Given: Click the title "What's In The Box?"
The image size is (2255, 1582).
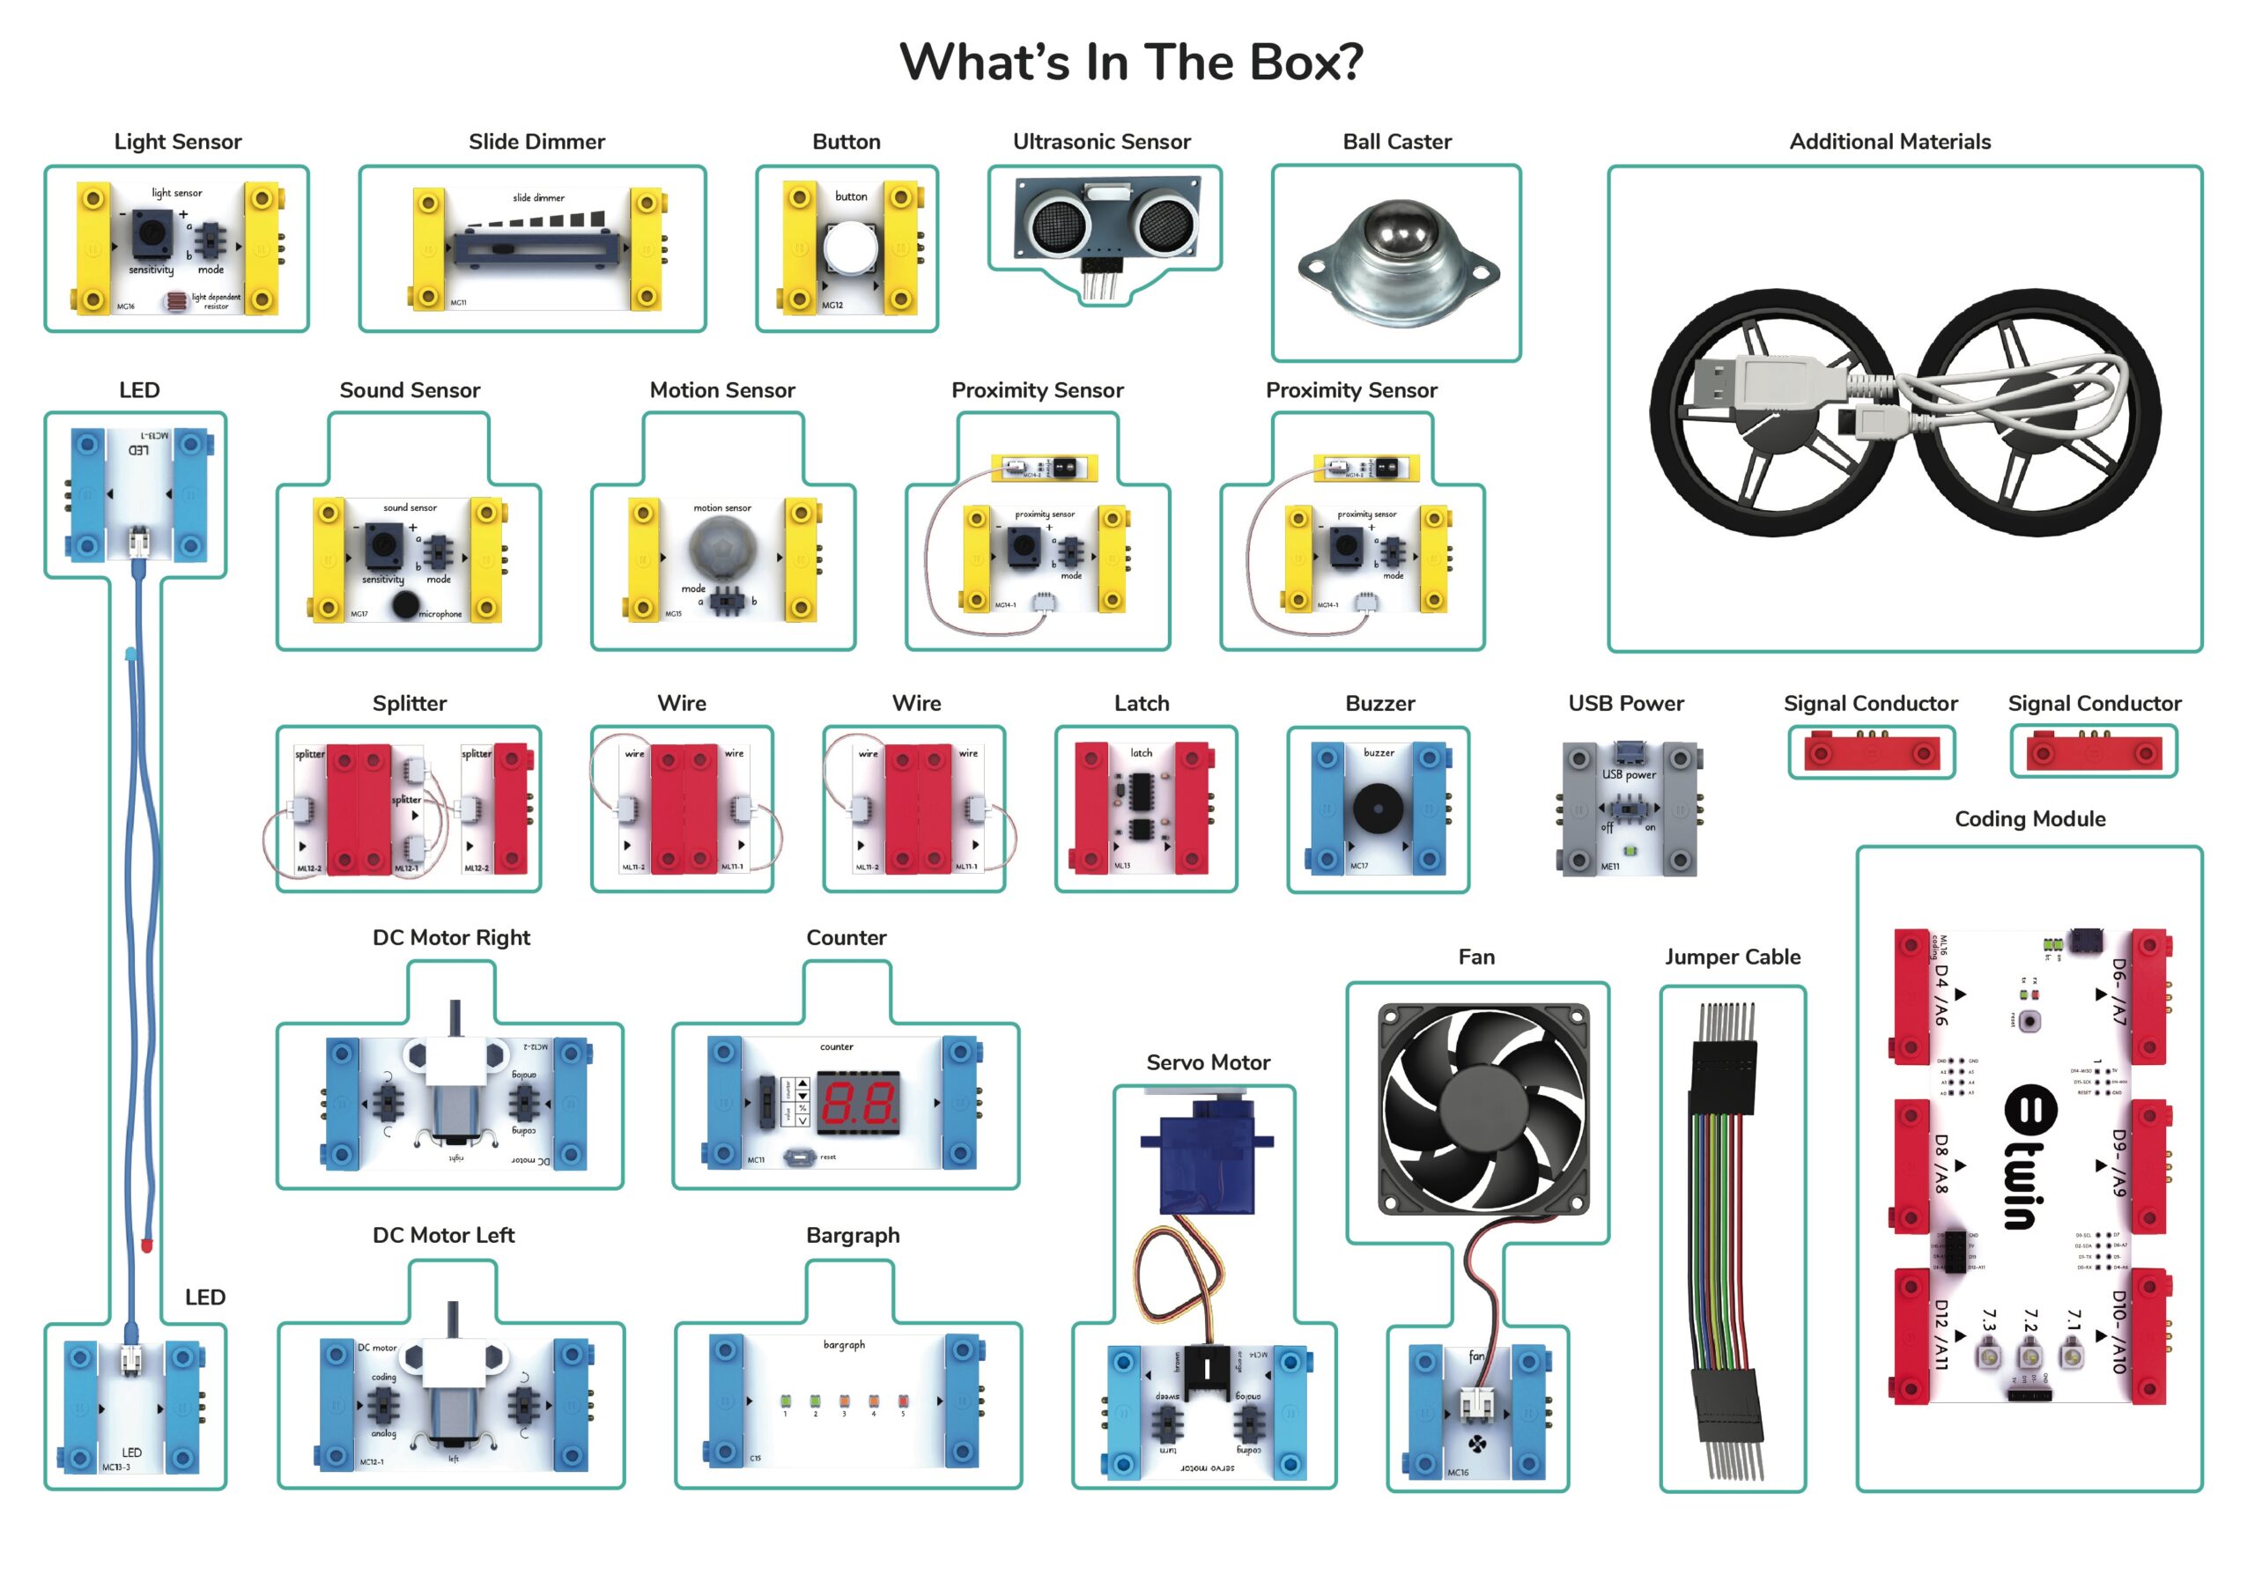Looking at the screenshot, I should pyautogui.click(x=1130, y=62).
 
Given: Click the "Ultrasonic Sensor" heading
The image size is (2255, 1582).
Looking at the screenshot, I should pyautogui.click(x=1101, y=142).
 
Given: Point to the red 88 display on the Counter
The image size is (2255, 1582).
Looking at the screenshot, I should pyautogui.click(x=857, y=1103).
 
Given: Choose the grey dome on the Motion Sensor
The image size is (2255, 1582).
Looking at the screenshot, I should pyautogui.click(x=723, y=549).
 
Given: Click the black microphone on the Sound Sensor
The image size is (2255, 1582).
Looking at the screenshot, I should pyautogui.click(x=404, y=605).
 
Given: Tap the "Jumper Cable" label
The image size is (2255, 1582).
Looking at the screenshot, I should pyautogui.click(x=1732, y=957).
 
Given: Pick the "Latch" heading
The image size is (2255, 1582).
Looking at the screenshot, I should pyautogui.click(x=1142, y=703).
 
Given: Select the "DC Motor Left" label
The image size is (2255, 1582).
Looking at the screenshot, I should pyautogui.click(x=443, y=1234).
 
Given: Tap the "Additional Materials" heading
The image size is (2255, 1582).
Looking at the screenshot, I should pyautogui.click(x=1889, y=142).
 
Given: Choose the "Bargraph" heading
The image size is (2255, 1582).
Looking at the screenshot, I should pyautogui.click(x=853, y=1234).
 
